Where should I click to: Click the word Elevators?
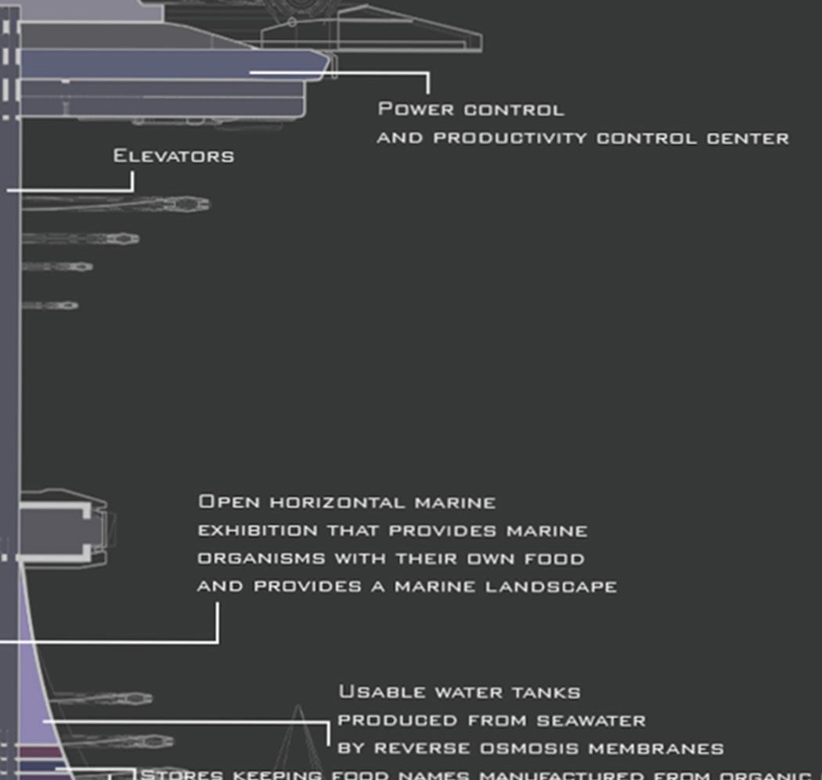tap(173, 155)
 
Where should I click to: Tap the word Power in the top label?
tap(405, 109)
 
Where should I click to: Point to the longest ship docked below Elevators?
tap(117, 204)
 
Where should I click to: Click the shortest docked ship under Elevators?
tap(50, 305)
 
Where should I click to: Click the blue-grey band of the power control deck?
tap(157, 64)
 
